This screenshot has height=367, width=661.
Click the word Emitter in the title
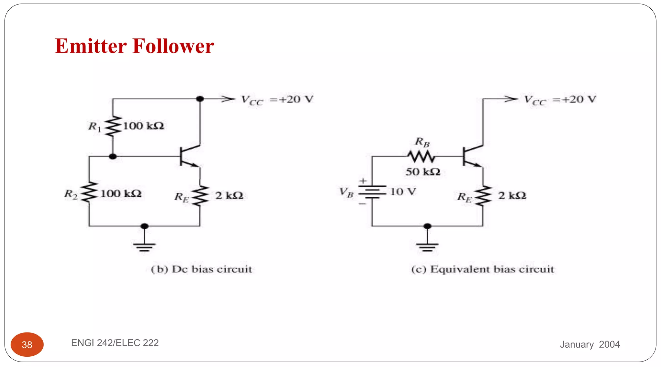pos(91,46)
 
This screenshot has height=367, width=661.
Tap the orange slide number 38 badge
pos(27,344)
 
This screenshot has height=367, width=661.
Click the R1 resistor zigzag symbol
pos(113,126)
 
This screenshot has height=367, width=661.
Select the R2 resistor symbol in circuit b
pos(89,193)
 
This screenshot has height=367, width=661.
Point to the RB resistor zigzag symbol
pos(421,157)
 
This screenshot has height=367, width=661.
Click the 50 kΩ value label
pos(423,172)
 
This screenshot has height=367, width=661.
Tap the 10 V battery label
pos(403,192)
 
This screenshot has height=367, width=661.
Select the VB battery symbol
pos(372,192)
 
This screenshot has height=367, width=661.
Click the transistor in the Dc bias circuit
pos(189,156)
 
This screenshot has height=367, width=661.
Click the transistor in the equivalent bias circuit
pos(472,156)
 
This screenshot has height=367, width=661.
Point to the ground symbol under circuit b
pos(144,246)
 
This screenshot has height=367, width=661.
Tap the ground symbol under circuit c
pos(427,246)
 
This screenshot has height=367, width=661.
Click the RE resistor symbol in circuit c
pos(483,195)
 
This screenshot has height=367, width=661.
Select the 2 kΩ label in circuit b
pos(229,195)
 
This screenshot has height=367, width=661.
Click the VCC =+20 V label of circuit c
pos(560,100)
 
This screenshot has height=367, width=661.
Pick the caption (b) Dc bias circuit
pos(201,269)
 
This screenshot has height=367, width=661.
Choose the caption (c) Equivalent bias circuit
pos(483,269)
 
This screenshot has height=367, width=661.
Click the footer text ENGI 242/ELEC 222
pos(115,342)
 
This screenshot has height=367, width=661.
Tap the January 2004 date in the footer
pos(590,344)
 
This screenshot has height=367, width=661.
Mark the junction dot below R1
pos(113,156)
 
